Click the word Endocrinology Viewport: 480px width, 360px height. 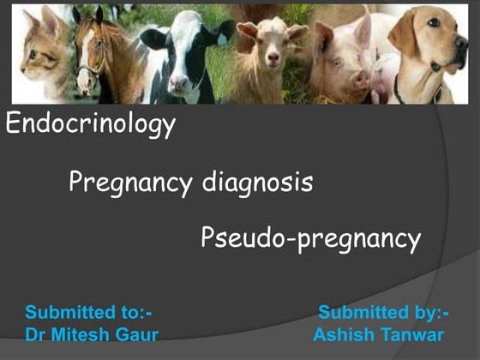point(90,125)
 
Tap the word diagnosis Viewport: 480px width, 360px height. point(258,183)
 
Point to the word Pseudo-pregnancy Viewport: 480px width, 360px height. point(310,237)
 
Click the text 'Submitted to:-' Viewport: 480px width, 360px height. point(89,312)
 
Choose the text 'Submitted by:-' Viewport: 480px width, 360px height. point(384,312)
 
